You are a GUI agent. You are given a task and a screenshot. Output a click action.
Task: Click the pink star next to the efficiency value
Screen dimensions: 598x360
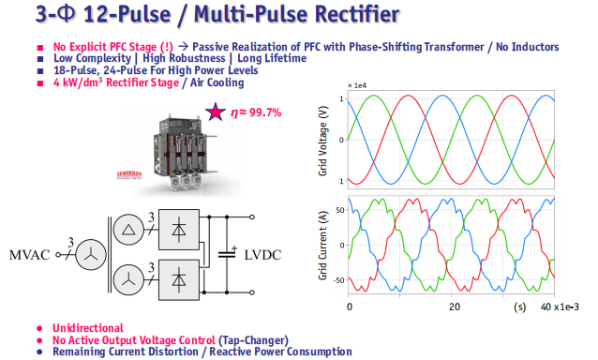click(216, 112)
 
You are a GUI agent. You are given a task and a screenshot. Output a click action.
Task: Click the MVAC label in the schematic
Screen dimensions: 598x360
click(29, 255)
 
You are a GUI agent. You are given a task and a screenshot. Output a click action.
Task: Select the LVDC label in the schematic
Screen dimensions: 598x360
click(262, 255)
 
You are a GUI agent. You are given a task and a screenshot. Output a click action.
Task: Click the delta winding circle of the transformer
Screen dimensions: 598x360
click(128, 230)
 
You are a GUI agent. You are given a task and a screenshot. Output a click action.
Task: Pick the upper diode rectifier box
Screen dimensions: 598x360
click(179, 230)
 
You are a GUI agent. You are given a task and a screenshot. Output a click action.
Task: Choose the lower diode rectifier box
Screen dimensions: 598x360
click(179, 280)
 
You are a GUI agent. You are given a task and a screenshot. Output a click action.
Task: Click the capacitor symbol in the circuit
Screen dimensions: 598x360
click(228, 253)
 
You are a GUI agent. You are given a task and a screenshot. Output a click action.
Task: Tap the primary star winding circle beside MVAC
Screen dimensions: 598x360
click(91, 255)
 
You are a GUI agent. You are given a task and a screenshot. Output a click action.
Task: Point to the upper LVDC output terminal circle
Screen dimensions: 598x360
click(252, 217)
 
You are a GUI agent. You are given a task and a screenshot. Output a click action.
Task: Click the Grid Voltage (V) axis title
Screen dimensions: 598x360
click(322, 142)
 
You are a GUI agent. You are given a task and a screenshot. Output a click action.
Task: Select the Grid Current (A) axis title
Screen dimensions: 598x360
click(322, 246)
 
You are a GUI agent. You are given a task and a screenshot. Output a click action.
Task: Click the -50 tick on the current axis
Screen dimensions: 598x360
click(339, 280)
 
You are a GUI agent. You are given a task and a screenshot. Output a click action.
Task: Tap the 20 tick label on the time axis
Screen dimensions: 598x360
click(455, 307)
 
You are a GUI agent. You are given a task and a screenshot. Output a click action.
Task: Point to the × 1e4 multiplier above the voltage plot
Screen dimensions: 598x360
click(357, 86)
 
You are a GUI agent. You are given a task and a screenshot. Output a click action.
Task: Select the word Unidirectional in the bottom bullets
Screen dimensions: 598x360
click(88, 328)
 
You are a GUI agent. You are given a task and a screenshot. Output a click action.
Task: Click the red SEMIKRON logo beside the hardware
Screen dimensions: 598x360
click(129, 174)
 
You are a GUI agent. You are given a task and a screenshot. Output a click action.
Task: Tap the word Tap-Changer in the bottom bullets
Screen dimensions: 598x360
click(253, 340)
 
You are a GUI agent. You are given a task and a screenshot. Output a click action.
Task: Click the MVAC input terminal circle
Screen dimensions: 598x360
click(58, 255)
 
